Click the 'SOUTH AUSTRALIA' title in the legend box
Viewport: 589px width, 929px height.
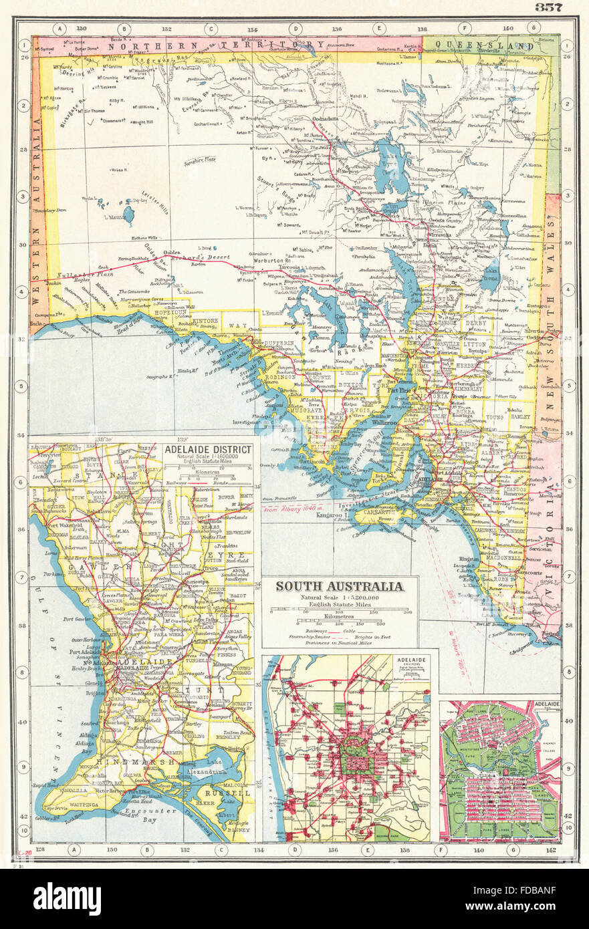340,587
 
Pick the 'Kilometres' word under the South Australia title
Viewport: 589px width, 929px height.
340,618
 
